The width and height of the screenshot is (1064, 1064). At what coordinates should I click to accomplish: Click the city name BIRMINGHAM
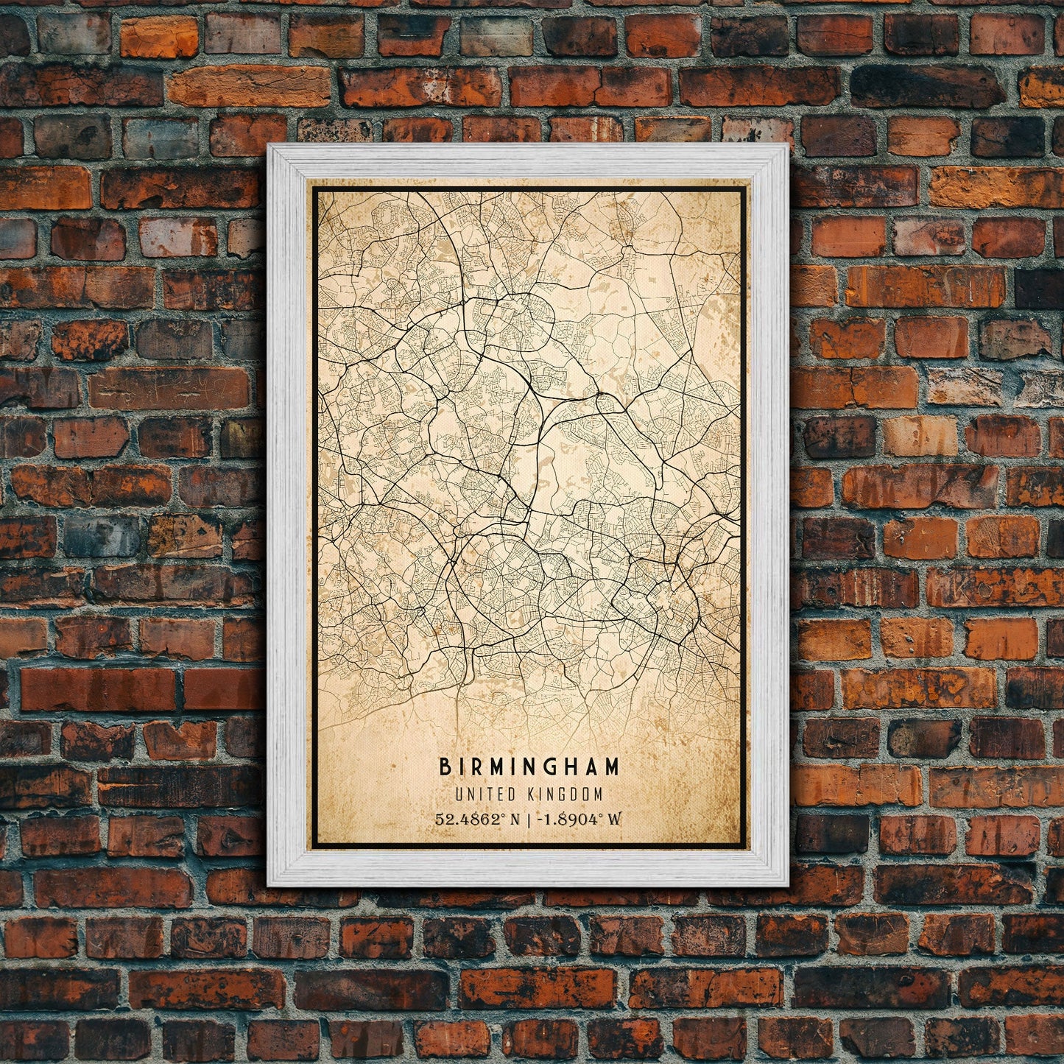point(529,767)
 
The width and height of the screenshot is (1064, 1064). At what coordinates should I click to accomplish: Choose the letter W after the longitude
point(616,819)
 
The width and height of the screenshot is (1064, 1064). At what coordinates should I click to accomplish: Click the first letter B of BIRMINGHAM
point(445,767)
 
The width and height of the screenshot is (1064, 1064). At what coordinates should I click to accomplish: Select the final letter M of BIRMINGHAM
point(612,767)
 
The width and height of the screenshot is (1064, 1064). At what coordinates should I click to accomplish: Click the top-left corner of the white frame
point(269,146)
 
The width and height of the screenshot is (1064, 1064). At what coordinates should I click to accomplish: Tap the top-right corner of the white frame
point(787,146)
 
